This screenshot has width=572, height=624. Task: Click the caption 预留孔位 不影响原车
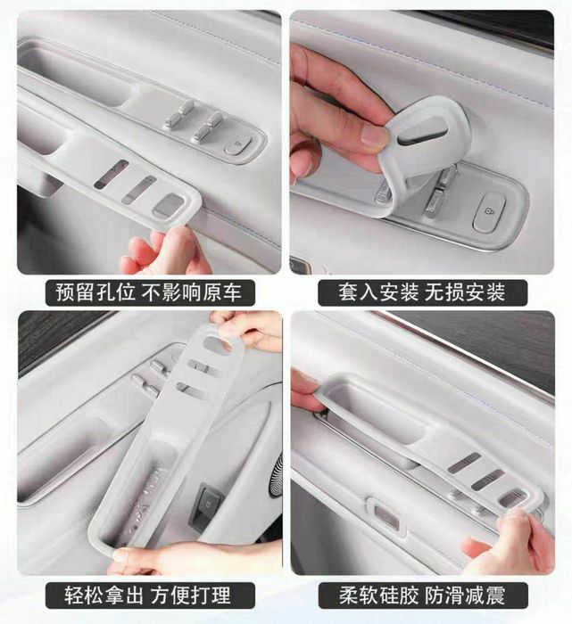coord(149,292)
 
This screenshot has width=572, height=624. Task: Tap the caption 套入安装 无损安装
coord(422,292)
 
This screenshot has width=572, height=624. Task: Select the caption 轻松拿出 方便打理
coord(147,595)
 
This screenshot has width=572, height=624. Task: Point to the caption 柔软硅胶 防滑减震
coord(422,595)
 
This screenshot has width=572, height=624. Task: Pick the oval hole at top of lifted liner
coord(217,343)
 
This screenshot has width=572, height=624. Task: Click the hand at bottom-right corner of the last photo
coord(514,541)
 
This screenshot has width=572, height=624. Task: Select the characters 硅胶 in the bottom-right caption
coord(401,595)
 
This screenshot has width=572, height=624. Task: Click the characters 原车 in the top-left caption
coord(222,292)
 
